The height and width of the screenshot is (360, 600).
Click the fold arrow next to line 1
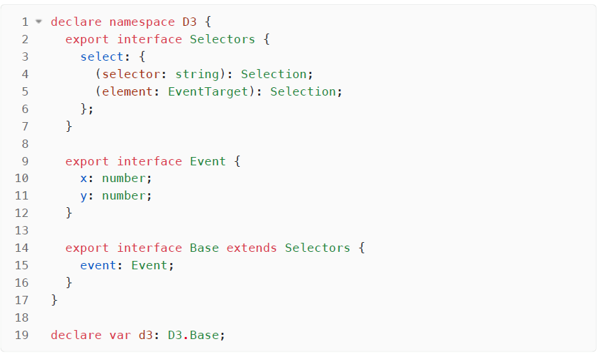38,22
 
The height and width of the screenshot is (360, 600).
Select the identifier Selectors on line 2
223,39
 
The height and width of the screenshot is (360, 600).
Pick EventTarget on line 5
208,91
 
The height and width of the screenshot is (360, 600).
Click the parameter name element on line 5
128,91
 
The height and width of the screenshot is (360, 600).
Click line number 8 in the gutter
25,144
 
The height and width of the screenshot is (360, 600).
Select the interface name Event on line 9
208,161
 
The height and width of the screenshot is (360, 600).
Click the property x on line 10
84,179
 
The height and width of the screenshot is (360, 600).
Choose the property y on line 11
84,196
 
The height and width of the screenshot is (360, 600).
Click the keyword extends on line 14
252,248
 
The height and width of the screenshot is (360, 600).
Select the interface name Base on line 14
204,248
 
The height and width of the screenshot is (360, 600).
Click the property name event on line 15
98,265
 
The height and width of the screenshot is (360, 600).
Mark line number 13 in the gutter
22,230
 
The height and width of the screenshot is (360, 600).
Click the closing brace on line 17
54,300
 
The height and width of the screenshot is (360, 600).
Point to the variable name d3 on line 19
146,335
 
